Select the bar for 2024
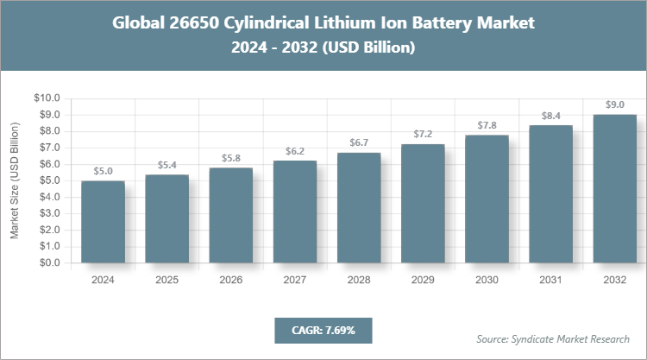pyautogui.click(x=103, y=222)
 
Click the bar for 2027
pyautogui.click(x=295, y=212)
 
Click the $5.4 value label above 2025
pyautogui.click(x=166, y=165)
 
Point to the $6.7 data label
pyautogui.click(x=359, y=142)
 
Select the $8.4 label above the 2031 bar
pyautogui.click(x=550, y=115)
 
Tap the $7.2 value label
pyautogui.click(x=423, y=135)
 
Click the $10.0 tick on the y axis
pyautogui.click(x=47, y=98)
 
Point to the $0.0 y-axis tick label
pyautogui.click(x=49, y=263)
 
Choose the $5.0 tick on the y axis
pyautogui.click(x=49, y=180)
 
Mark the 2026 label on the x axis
pyautogui.click(x=230, y=280)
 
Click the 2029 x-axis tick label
pyautogui.click(x=423, y=280)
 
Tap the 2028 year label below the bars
pyautogui.click(x=359, y=280)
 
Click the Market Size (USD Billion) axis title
pyautogui.click(x=15, y=180)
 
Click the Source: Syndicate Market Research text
pyautogui.click(x=553, y=338)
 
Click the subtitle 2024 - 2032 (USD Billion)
pyautogui.click(x=323, y=48)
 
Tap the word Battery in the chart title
pyautogui.click(x=449, y=23)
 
